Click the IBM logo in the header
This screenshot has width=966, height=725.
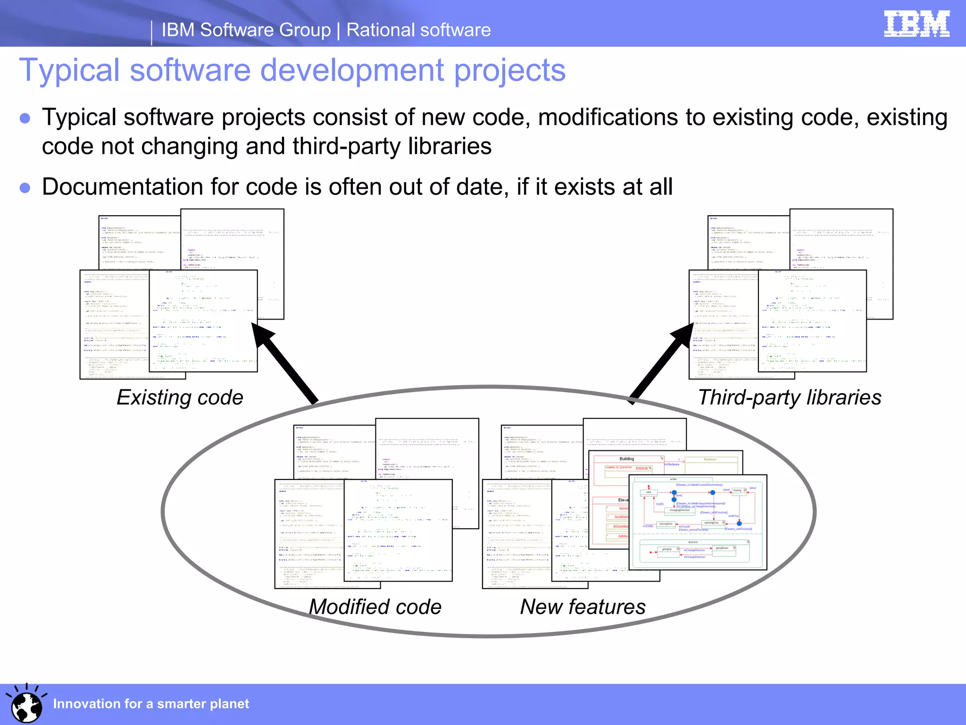[916, 24]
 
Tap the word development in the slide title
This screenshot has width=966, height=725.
[351, 70]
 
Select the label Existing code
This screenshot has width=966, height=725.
[180, 397]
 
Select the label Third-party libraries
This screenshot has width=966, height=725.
[789, 397]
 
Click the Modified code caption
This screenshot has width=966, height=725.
[375, 607]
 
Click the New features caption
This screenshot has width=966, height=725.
[583, 607]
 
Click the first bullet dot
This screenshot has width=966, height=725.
[25, 118]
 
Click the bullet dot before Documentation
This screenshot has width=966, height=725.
[25, 188]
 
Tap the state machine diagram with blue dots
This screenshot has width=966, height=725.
[698, 522]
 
